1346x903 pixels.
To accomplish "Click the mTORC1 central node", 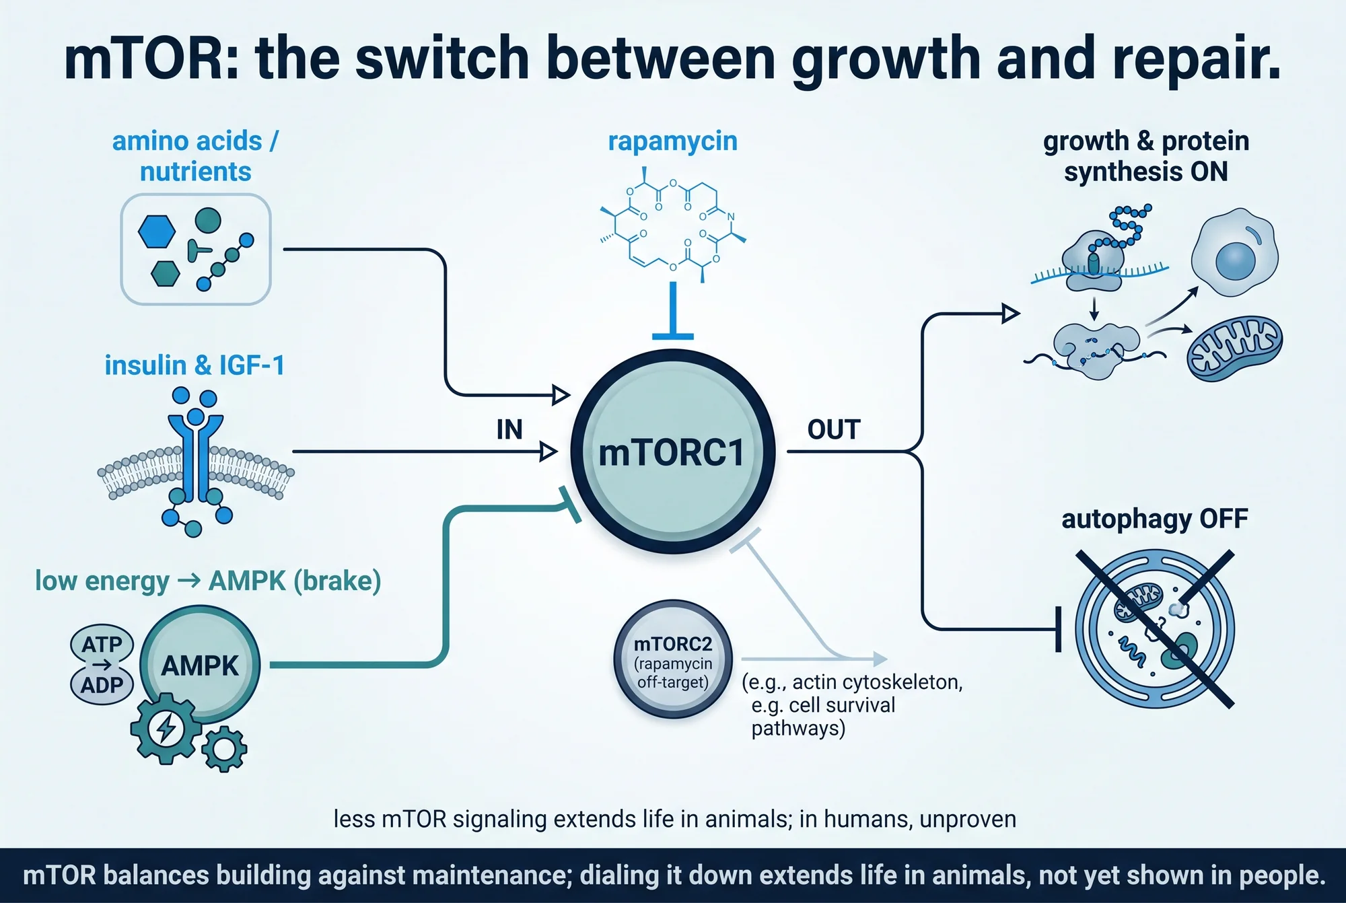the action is coord(673,451).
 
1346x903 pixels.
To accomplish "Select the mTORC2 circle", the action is coord(673,659).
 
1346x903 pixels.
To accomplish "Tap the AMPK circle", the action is coord(200,665).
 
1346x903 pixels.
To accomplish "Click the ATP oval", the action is coord(102,644).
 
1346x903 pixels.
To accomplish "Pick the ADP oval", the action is coord(102,685).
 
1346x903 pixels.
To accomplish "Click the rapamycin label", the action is coord(673,141).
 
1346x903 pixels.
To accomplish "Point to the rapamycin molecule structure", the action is coord(673,225).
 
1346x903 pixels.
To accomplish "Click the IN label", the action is coord(509,429).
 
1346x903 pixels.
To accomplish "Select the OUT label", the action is coord(834,429).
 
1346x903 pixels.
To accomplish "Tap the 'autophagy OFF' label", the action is coord(1155,519).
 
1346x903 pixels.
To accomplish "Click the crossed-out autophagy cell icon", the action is coord(1155,628).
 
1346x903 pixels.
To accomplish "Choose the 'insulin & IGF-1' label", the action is coord(194,365).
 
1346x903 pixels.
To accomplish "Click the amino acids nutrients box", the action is coord(196,249).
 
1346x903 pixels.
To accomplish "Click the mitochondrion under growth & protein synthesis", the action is coord(1234,349).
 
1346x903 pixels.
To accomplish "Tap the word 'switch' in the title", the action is coord(444,59).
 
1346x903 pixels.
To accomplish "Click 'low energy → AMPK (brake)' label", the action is coord(208,581).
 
